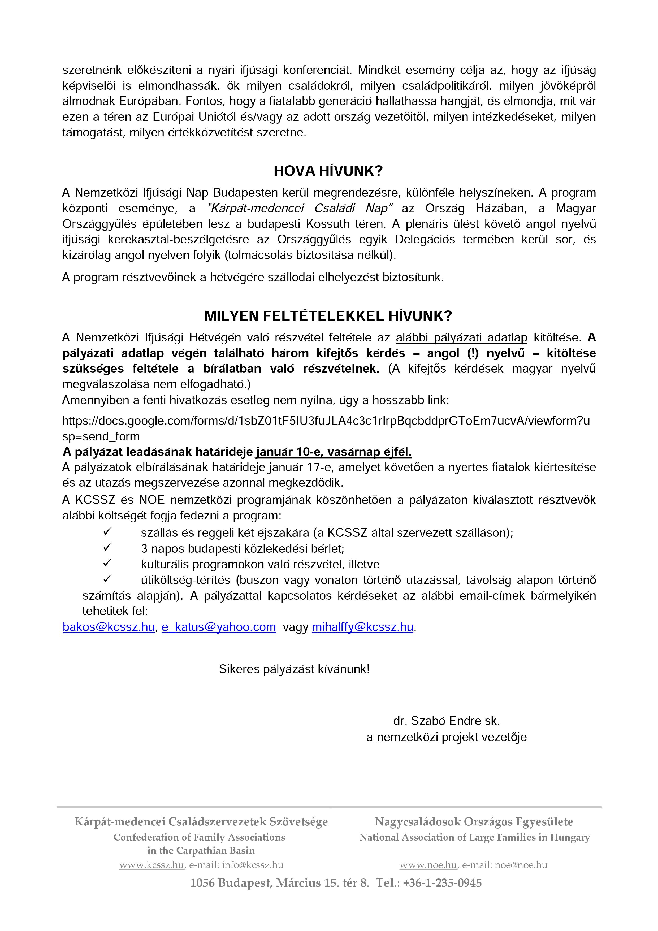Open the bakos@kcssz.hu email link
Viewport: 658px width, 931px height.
click(x=108, y=627)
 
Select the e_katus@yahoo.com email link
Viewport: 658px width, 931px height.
click(x=219, y=627)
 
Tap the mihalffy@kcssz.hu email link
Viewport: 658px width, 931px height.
click(x=362, y=627)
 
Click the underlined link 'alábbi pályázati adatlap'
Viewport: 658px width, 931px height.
click(x=461, y=337)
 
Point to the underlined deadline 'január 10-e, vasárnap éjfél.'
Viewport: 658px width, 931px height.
click(x=334, y=452)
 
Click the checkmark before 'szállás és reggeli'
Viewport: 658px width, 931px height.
click(x=107, y=532)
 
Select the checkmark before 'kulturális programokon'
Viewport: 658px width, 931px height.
click(x=107, y=563)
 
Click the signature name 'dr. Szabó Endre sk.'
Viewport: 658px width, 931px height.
click(x=446, y=721)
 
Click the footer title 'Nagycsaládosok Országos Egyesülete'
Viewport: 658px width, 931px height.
click(x=474, y=821)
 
